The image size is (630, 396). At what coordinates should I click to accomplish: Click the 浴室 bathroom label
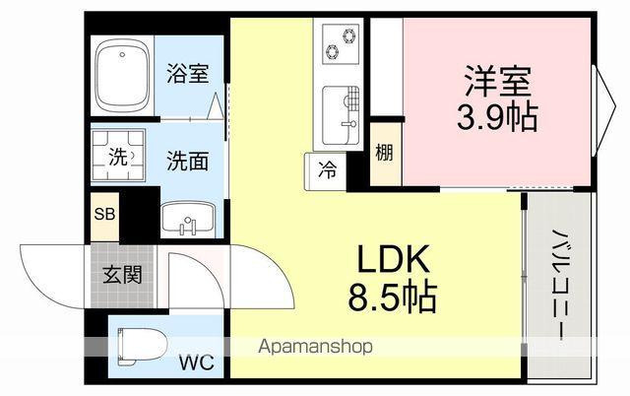pos(188,73)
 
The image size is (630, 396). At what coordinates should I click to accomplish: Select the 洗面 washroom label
pos(187,161)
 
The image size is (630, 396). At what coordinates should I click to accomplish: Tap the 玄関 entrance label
pos(123,273)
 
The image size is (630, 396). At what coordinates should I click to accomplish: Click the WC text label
pos(195,363)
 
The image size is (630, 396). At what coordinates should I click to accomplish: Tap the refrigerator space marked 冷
pos(325,168)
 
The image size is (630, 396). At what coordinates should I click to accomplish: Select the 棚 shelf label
pos(385,153)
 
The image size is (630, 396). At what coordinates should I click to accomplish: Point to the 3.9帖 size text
pos(496,117)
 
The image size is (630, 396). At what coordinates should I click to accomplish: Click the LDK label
pos(393,259)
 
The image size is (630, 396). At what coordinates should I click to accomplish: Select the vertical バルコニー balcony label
pos(556,285)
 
